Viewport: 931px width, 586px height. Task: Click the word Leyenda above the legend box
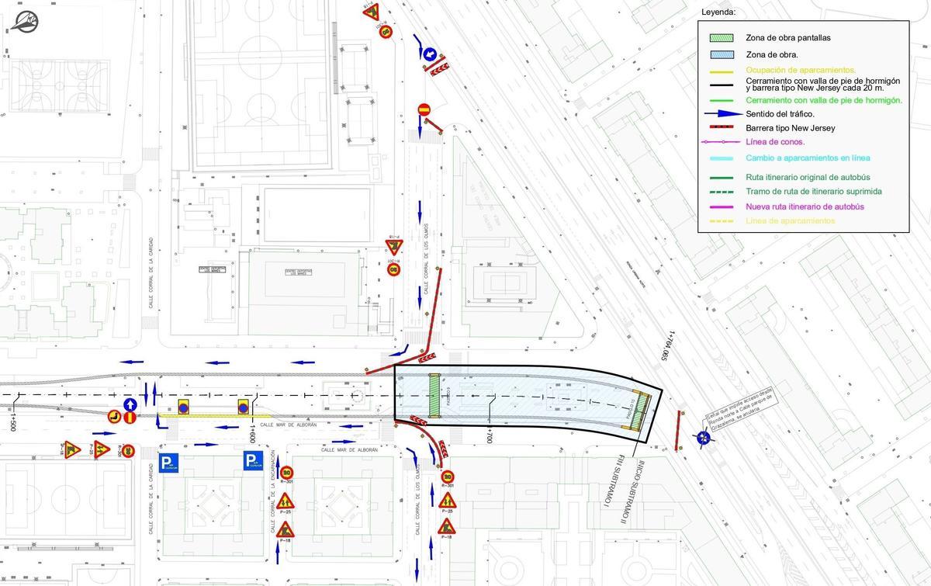point(718,12)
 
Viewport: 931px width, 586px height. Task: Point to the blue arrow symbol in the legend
point(721,114)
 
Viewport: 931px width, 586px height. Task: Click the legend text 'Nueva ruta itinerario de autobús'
point(805,206)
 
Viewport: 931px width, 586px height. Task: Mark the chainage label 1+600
point(253,432)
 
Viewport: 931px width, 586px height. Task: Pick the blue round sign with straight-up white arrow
point(130,404)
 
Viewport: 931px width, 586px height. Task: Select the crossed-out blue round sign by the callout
point(704,439)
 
